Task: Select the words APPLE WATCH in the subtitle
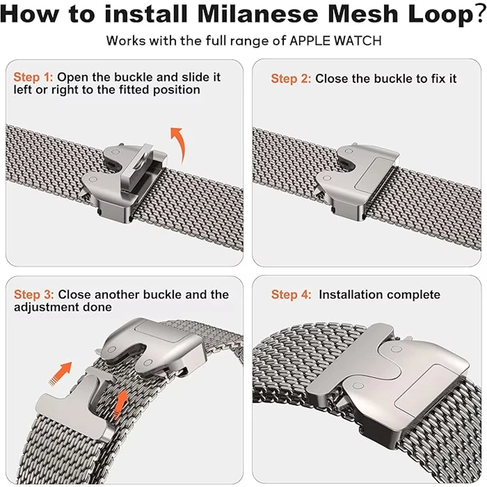click(335, 41)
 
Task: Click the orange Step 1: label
click(33, 77)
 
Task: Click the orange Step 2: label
click(291, 79)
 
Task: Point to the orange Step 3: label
click(34, 295)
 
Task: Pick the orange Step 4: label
click(291, 295)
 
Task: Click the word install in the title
click(146, 14)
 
